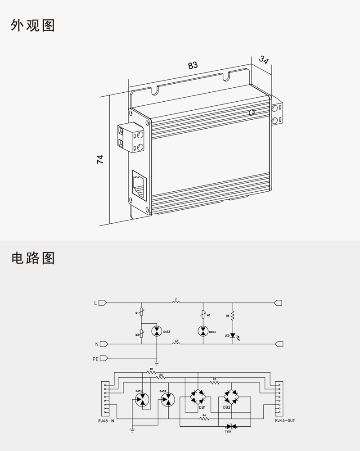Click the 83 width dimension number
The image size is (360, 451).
(193, 65)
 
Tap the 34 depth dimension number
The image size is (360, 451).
(264, 60)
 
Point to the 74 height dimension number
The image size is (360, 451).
(100, 159)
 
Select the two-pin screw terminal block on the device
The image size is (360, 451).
(131, 138)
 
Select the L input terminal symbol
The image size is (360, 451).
(102, 303)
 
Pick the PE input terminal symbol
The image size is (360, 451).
(103, 358)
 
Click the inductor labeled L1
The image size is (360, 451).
(176, 303)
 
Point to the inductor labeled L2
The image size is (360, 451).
(176, 344)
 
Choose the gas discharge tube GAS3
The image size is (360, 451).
(157, 332)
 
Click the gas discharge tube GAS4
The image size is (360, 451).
(203, 332)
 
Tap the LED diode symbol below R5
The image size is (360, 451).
(233, 335)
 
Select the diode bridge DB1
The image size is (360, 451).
(196, 397)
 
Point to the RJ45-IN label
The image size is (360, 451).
(106, 421)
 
